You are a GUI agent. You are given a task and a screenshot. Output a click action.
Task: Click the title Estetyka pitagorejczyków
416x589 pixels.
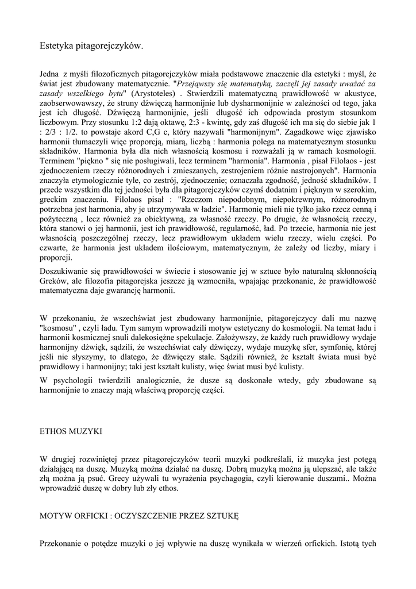[x=91, y=45]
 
